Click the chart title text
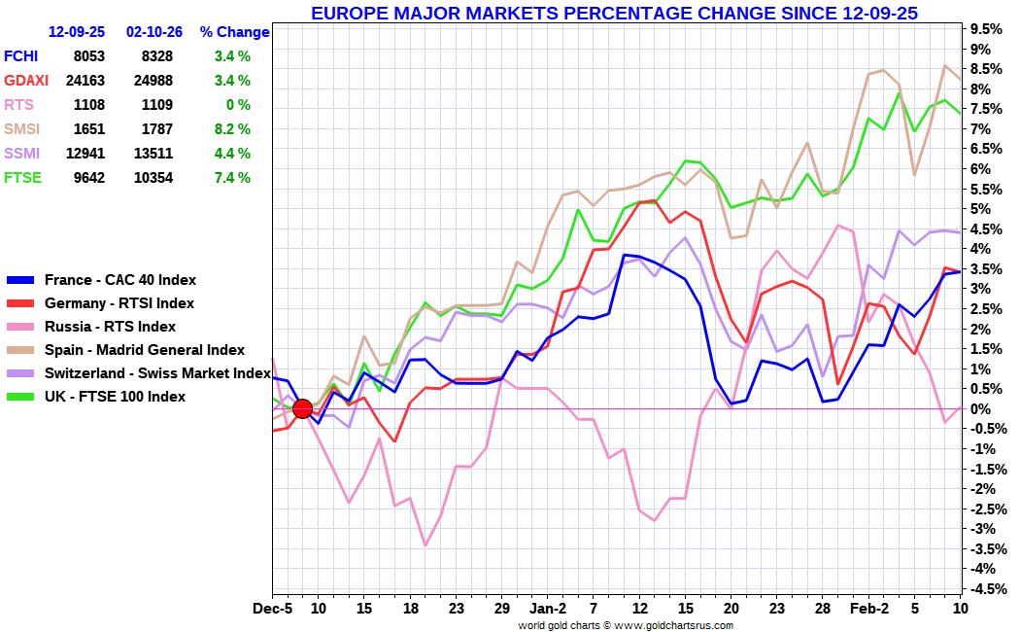[x=614, y=13]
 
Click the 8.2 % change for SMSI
[x=232, y=128]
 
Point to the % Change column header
[x=234, y=32]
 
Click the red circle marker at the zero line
[x=302, y=408]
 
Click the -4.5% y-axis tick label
[x=985, y=588]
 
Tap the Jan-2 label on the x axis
[x=548, y=610]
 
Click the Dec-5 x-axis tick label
[x=273, y=610]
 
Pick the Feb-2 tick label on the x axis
[x=869, y=610]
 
